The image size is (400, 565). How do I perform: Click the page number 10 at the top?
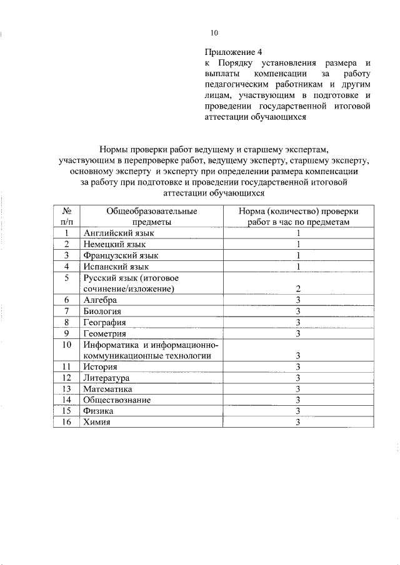point(214,33)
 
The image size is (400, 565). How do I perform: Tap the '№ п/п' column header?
point(66,216)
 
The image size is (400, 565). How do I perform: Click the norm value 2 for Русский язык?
point(299,289)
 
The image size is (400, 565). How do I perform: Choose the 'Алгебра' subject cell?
point(100,300)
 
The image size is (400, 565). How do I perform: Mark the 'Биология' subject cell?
point(102,311)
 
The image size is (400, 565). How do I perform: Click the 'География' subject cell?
point(104,322)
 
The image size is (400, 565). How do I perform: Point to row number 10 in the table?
point(66,345)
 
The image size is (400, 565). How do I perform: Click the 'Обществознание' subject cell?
point(117,400)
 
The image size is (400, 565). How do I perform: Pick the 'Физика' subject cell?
point(97,411)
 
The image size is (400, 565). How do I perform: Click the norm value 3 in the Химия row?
point(299,422)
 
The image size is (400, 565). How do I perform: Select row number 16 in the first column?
point(66,422)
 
